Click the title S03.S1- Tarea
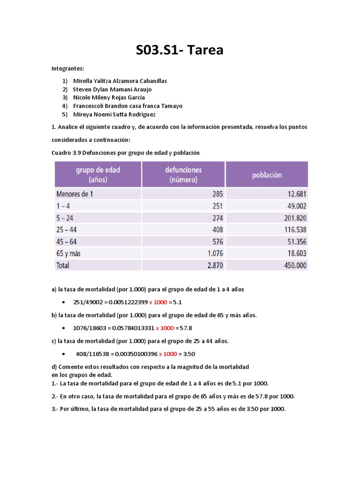click(x=180, y=50)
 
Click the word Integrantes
click(x=67, y=68)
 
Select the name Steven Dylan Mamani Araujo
click(x=112, y=89)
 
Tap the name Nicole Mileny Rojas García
click(x=112, y=97)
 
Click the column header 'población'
click(x=267, y=175)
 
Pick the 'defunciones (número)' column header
click(x=183, y=174)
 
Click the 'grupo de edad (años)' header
click(x=98, y=174)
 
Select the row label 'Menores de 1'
click(x=75, y=194)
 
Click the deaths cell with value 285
click(x=217, y=194)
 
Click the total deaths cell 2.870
click(x=214, y=265)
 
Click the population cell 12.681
click(x=295, y=194)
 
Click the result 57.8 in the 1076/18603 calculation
click(x=186, y=328)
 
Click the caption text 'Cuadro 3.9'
click(x=66, y=152)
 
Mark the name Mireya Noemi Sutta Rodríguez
click(x=114, y=114)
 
